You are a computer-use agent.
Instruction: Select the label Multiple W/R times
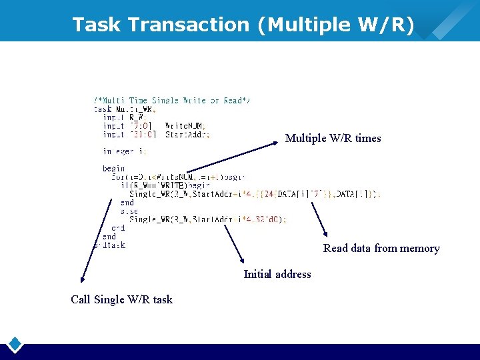333,138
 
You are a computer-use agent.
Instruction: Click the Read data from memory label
381,248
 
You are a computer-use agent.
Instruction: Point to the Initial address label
277,274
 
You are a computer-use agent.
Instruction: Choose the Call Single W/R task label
121,299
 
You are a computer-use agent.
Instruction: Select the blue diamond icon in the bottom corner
15,345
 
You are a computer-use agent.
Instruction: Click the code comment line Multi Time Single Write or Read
172,101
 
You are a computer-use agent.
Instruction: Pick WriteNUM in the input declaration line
185,125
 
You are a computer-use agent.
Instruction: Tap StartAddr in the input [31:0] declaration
187,134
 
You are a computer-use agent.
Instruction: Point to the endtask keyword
110,245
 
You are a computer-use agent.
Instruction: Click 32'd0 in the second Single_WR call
275,219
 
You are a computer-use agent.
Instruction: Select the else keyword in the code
129,211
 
